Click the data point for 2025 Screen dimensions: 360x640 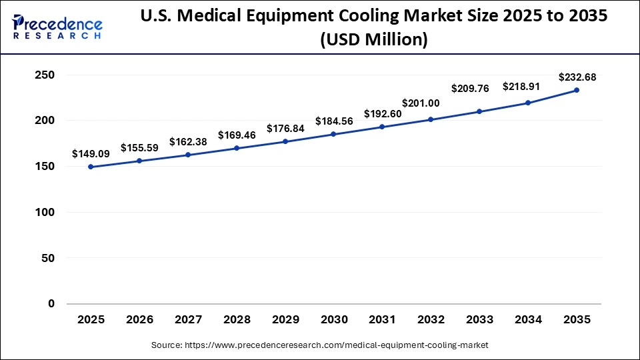tap(91, 167)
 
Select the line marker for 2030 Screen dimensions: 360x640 tap(333, 134)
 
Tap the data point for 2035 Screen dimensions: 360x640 tap(577, 90)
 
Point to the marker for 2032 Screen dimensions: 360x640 tap(431, 119)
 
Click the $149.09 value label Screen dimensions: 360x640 tap(91, 153)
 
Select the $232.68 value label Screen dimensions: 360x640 tap(577, 77)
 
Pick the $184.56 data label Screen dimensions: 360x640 tap(334, 121)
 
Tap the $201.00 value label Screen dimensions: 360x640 tap(421, 103)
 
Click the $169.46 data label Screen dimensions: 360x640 tap(237, 135)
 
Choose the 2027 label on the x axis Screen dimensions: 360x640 tap(188, 320)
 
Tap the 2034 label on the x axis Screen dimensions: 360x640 tap(528, 320)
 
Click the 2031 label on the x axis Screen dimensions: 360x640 tap(382, 320)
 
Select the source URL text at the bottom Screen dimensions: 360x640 tap(320, 345)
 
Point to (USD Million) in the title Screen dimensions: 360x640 tap(373, 40)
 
